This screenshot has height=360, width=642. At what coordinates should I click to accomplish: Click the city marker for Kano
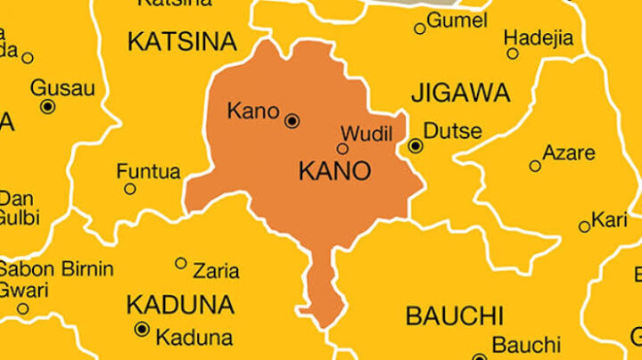[x=292, y=121]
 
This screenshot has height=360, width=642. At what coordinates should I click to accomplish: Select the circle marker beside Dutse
[x=416, y=145]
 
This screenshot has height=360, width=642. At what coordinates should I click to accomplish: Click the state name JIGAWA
[x=460, y=93]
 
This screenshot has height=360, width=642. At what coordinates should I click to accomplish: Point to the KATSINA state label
[x=182, y=41]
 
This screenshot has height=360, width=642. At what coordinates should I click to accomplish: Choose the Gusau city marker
[x=48, y=106]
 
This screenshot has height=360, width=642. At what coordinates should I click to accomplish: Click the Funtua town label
[x=148, y=171]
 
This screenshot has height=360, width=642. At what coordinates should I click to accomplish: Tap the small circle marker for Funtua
[x=130, y=189]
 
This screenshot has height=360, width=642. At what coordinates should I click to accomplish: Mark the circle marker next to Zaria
[x=181, y=263]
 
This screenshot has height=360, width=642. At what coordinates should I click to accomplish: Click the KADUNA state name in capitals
[x=179, y=305]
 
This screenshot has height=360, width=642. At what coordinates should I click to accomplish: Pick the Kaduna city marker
[x=141, y=330]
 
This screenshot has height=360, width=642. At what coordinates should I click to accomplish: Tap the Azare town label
[x=569, y=152]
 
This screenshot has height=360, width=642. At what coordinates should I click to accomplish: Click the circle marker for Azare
[x=535, y=166]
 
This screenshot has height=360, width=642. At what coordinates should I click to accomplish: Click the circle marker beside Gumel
[x=420, y=29]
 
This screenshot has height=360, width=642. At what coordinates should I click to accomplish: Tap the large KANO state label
[x=334, y=171]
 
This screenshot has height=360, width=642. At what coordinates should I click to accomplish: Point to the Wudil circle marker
[x=342, y=149]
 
